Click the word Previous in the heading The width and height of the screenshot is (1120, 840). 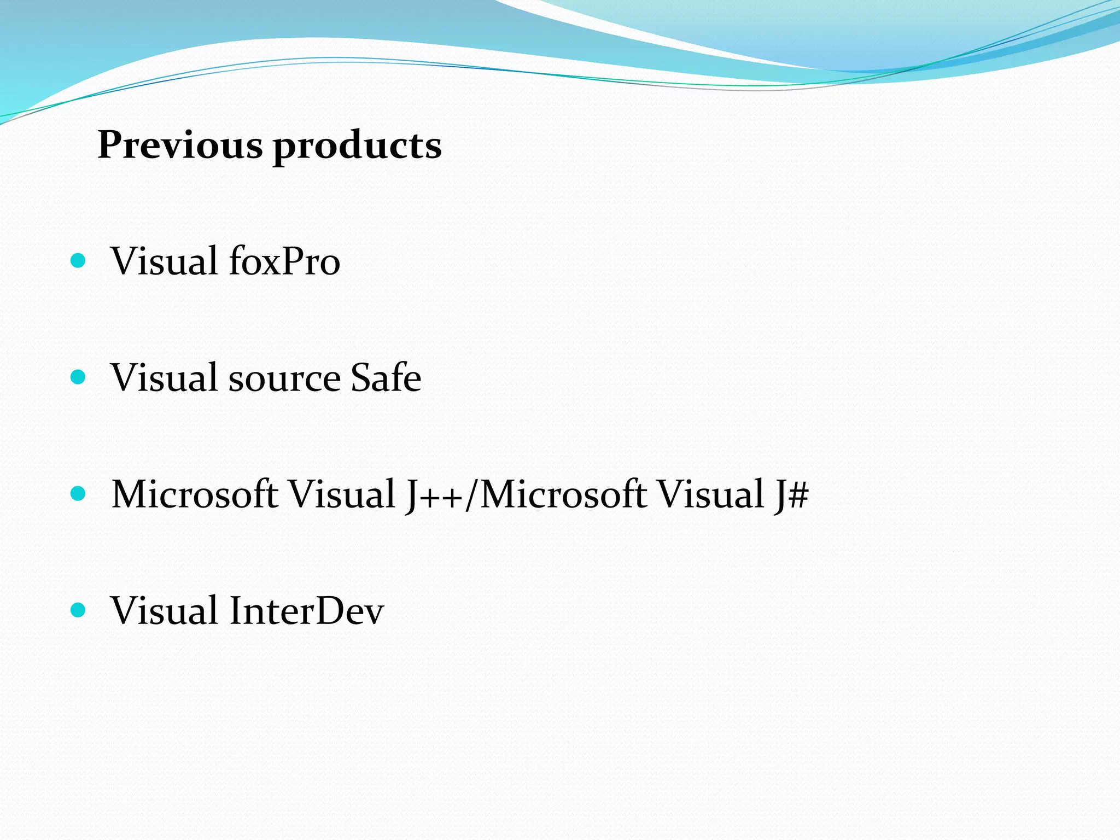(180, 145)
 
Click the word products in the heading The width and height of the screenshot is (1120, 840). (357, 147)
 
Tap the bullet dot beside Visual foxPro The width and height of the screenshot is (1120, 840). (78, 260)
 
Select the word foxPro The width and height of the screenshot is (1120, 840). (284, 261)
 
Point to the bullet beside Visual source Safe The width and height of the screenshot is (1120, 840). (78, 377)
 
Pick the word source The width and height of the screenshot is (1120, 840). (284, 378)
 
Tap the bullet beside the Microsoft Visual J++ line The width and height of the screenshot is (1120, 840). (78, 494)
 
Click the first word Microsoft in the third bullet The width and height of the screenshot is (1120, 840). (194, 494)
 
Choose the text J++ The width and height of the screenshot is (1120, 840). (435, 495)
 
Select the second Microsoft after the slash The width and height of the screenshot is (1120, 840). (563, 494)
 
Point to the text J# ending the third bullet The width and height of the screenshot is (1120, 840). (791, 495)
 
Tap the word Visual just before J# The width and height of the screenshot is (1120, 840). (710, 494)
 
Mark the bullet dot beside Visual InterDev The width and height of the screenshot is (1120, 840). (78, 610)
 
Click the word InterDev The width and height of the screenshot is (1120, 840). (306, 610)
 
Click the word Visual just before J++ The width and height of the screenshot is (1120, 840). (342, 494)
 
